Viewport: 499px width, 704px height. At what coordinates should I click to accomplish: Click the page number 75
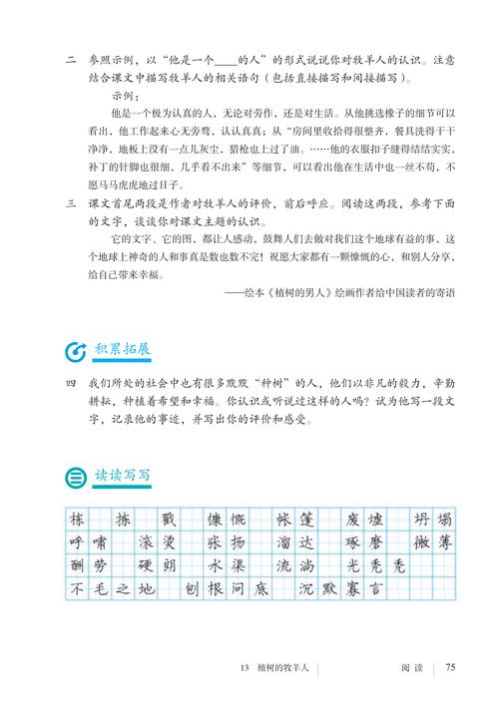point(450,668)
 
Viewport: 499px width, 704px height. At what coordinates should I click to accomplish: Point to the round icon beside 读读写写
point(74,476)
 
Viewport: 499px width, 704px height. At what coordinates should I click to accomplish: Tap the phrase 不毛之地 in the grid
point(112,588)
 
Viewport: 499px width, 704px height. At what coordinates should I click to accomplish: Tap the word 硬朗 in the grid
point(157,565)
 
